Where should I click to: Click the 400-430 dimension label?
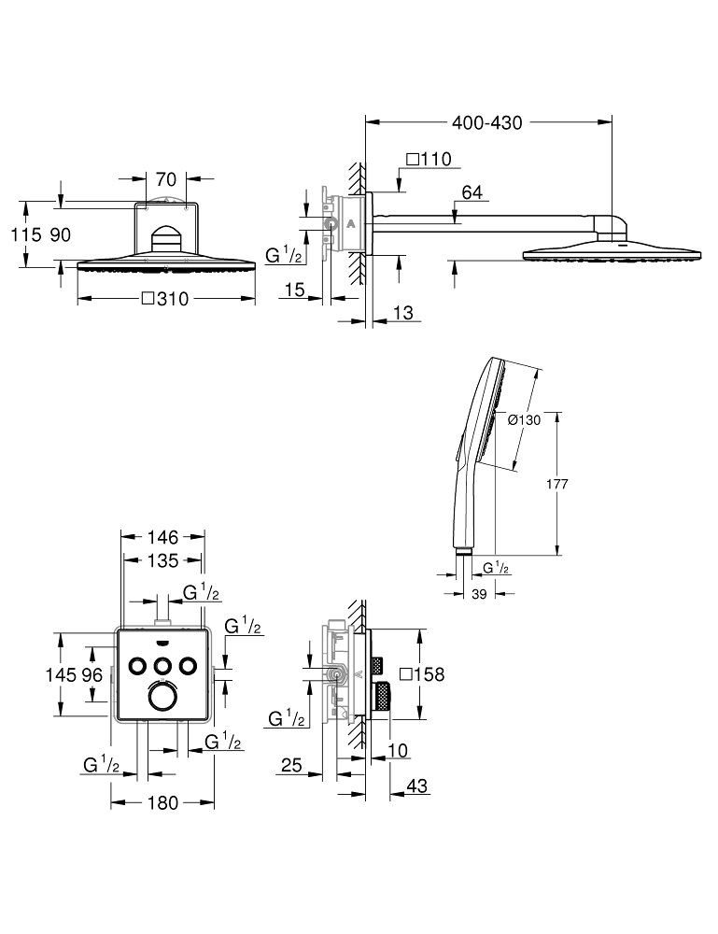[x=486, y=122]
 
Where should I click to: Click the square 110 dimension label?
[x=429, y=159]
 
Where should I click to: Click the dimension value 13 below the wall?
[x=402, y=314]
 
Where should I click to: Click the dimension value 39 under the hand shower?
[x=480, y=595]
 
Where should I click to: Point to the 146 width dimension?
[x=163, y=538]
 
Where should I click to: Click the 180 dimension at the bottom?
[x=162, y=802]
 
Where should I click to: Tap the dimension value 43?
[x=416, y=787]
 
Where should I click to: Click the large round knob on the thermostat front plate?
[x=162, y=700]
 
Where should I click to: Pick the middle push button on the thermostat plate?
[x=162, y=665]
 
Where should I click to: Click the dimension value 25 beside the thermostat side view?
[x=290, y=766]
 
